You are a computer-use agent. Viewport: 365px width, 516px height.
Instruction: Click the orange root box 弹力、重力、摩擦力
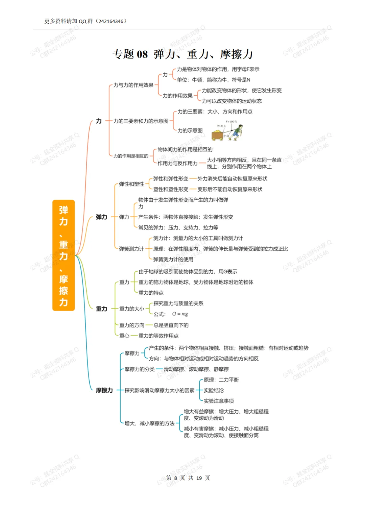click(64, 255)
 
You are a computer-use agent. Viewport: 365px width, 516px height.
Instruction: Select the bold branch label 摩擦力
click(104, 390)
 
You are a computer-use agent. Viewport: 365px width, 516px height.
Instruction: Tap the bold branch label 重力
click(101, 309)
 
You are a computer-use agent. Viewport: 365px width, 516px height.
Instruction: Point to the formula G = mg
click(180, 314)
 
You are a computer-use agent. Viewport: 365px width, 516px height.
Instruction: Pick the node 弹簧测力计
click(131, 249)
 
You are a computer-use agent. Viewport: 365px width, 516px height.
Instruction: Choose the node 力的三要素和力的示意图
click(141, 121)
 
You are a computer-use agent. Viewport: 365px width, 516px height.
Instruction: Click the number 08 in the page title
click(142, 54)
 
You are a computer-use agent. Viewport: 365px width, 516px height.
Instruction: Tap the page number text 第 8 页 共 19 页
click(188, 478)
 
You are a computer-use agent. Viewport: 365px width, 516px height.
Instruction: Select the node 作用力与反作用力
click(177, 163)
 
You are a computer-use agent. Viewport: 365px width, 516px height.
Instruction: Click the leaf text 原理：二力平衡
click(221, 380)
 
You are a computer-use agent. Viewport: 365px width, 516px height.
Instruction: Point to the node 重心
click(124, 336)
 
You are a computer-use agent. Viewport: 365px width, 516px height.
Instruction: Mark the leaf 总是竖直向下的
click(171, 325)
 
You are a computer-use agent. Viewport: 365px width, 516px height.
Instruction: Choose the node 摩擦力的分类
click(139, 369)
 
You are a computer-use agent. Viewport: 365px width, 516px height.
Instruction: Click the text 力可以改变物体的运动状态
click(232, 101)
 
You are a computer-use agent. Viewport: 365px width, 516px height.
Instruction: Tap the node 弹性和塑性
click(131, 184)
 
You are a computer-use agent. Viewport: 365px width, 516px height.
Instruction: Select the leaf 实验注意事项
click(219, 401)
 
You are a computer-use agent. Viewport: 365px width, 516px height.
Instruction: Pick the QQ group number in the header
click(111, 21)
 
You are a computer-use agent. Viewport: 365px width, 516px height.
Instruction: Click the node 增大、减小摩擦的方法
click(149, 423)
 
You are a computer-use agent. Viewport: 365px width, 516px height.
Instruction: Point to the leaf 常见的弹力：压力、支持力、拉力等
click(178, 227)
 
